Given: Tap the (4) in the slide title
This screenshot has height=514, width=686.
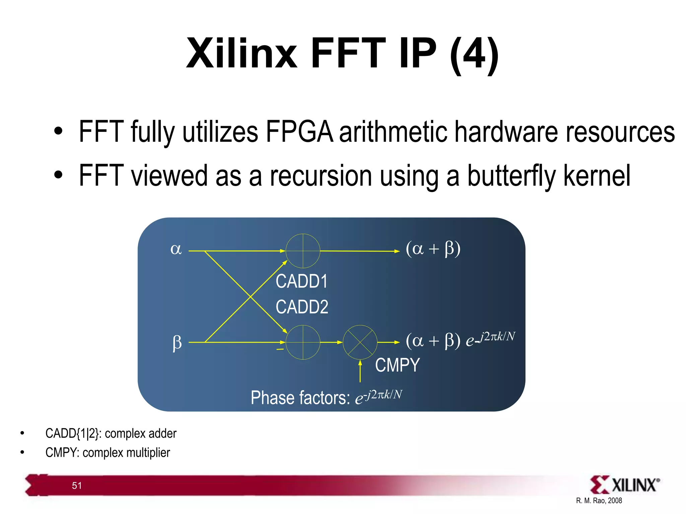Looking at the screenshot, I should [474, 54].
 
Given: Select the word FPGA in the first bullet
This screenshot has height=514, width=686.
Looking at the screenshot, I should [299, 132].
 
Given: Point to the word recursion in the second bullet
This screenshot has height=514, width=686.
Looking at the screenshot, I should [321, 176].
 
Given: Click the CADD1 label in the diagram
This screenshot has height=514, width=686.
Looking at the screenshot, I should [301, 281].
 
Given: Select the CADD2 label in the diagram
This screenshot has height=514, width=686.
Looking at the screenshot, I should [302, 307].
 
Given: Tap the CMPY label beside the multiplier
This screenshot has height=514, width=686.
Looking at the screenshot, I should [397, 365].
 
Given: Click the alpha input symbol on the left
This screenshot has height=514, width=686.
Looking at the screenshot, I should [176, 249].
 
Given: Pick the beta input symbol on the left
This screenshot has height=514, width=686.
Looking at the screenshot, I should [177, 343].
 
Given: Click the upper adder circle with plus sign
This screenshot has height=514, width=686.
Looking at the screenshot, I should [303, 251].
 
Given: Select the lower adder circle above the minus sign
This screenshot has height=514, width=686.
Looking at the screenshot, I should [303, 342].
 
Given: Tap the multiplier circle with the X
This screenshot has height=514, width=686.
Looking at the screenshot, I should [360, 342].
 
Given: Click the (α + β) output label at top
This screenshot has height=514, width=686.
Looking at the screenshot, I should [433, 249].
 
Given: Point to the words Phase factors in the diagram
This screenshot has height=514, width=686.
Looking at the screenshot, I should [300, 398].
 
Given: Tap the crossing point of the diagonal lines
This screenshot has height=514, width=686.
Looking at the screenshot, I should [251, 296].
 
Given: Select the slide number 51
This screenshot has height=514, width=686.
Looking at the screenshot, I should [77, 486].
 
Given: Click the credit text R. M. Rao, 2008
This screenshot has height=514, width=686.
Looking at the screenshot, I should [599, 501].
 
